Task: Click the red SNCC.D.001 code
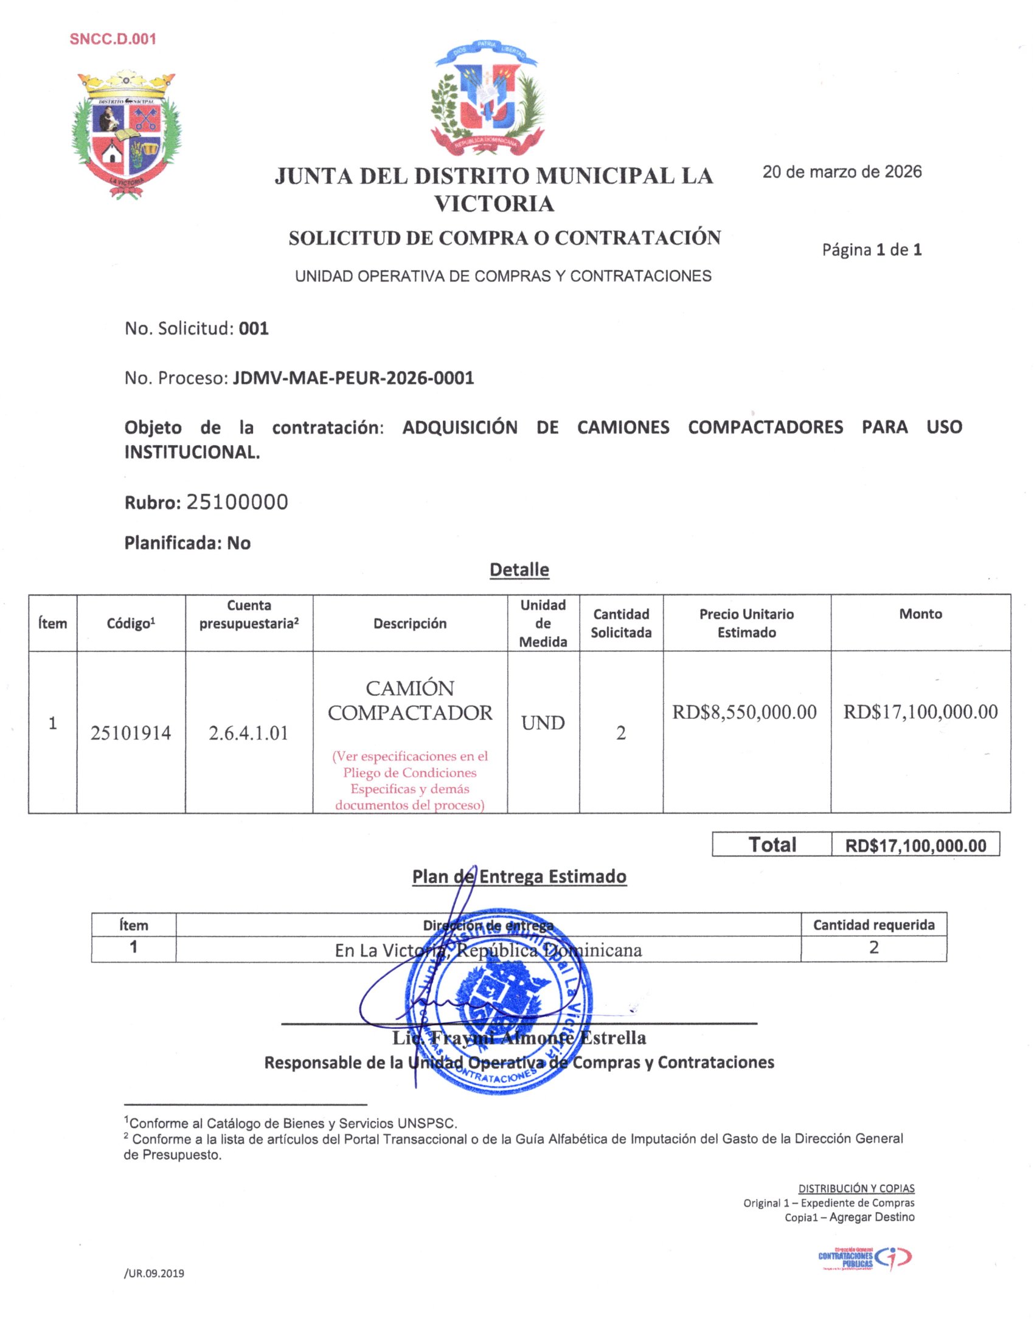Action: (113, 39)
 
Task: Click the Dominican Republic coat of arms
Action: (487, 98)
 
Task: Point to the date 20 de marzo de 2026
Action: (842, 172)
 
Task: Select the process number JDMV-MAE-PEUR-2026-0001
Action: (353, 378)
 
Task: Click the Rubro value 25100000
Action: (237, 502)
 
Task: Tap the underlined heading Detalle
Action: (519, 570)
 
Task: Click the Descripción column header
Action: (410, 623)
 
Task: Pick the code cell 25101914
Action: (131, 733)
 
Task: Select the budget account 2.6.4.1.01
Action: (249, 733)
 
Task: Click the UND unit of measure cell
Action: (543, 723)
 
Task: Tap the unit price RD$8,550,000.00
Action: (744, 712)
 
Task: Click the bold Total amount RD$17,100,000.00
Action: (915, 846)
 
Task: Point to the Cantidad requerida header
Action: (873, 924)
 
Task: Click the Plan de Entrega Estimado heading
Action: (519, 876)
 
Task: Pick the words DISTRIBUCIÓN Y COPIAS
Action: (856, 1188)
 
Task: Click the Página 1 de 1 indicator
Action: (871, 250)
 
